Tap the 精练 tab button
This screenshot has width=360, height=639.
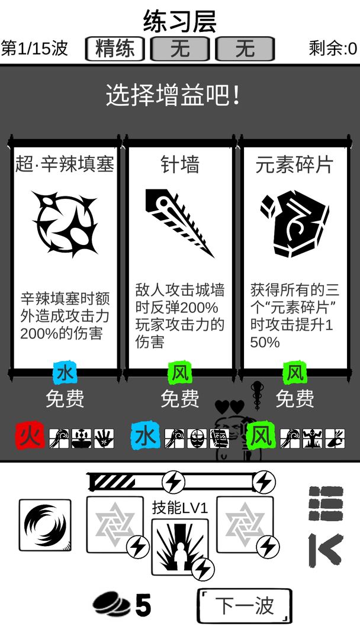(x=115, y=49)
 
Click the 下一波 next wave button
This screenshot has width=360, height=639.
(x=244, y=605)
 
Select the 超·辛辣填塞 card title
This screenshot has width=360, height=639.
(x=65, y=164)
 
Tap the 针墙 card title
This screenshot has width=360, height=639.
(x=180, y=164)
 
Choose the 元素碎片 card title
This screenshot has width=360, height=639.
(x=294, y=164)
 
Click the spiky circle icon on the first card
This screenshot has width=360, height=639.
(x=65, y=224)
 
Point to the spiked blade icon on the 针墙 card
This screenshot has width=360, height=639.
(x=179, y=222)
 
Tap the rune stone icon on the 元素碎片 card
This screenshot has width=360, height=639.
(x=294, y=222)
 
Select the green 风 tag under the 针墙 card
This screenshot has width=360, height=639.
(x=179, y=373)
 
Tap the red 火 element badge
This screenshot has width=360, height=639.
(x=30, y=438)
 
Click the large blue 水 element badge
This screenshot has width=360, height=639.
(x=145, y=438)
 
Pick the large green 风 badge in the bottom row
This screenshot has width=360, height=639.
(x=261, y=438)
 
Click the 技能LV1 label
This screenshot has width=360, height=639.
(x=180, y=508)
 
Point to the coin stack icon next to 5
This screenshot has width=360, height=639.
(x=111, y=605)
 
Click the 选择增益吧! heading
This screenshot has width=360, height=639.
(x=173, y=95)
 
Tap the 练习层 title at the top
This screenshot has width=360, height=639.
(x=180, y=22)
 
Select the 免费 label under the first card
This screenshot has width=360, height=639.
(x=65, y=399)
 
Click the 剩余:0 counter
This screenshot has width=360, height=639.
(x=333, y=49)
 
